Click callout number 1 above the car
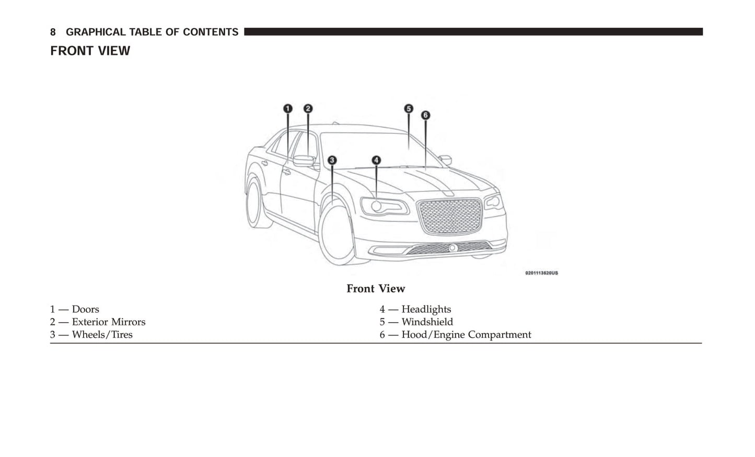[288, 109]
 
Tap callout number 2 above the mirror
[308, 109]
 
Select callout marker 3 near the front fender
[332, 161]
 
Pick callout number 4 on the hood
[376, 161]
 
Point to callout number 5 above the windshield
[409, 109]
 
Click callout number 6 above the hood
[425, 115]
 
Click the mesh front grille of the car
[450, 215]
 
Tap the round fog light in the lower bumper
[453, 248]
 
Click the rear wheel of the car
[257, 204]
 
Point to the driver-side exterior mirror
[304, 161]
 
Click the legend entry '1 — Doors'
[75, 310]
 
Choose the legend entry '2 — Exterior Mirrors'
[98, 322]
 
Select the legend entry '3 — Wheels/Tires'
[91, 335]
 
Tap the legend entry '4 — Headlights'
[415, 310]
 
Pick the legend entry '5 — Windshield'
[416, 322]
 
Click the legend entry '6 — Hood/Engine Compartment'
[455, 335]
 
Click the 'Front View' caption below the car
[376, 289]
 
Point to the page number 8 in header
[53, 32]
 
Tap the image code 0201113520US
[541, 273]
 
